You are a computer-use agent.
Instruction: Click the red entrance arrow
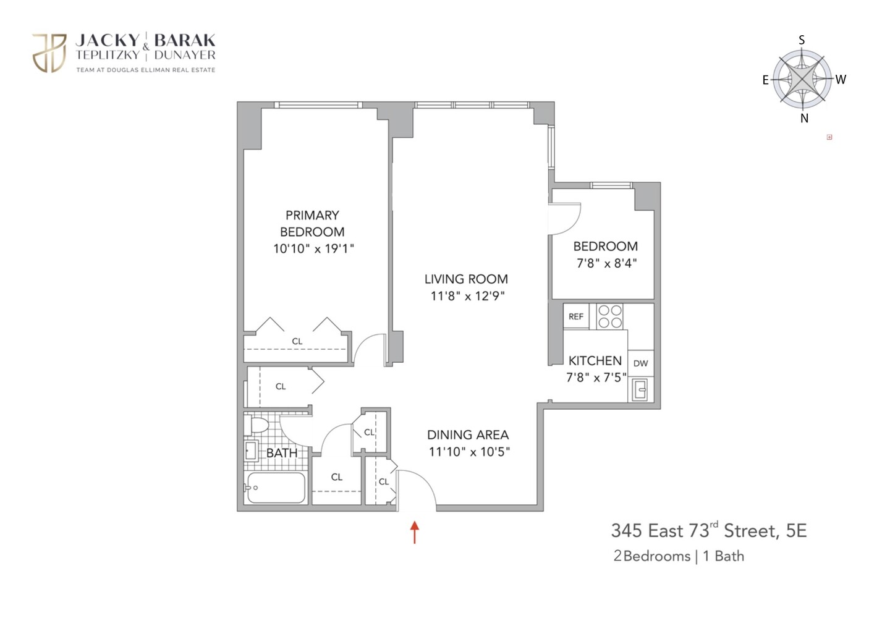(x=415, y=531)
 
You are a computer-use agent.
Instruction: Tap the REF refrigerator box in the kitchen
(x=576, y=316)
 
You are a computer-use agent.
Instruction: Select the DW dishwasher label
(x=640, y=363)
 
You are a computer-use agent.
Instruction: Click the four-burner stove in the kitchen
(x=610, y=316)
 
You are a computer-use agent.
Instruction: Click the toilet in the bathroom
(x=257, y=425)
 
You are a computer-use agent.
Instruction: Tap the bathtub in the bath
(x=276, y=488)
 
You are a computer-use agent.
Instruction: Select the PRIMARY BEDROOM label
(x=312, y=223)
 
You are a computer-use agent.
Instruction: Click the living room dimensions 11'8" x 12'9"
(x=467, y=296)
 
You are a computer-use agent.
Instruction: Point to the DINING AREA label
(x=468, y=434)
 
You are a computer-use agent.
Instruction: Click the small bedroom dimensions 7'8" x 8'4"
(x=606, y=263)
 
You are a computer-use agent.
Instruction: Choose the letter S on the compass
(x=802, y=40)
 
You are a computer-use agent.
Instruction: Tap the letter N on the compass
(x=804, y=118)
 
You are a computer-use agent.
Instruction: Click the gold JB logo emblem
(x=49, y=53)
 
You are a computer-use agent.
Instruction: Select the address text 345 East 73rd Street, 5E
(x=708, y=530)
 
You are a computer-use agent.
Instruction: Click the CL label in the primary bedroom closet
(x=297, y=341)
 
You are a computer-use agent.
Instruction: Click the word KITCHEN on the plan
(x=595, y=360)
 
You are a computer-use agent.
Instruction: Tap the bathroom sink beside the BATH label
(x=251, y=450)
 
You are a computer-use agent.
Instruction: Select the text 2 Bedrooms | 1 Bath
(x=678, y=556)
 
